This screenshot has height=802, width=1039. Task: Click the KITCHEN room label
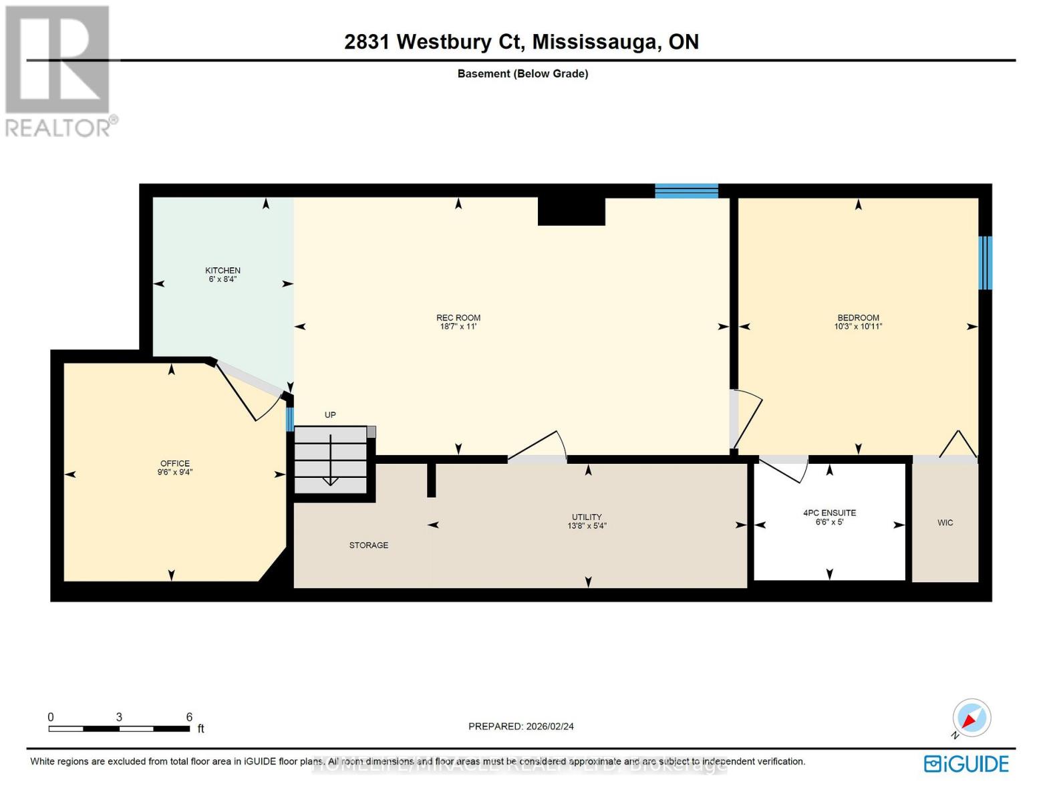coord(222,271)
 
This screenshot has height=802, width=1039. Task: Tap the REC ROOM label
coord(458,318)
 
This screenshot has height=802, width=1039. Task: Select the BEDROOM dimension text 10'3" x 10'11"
coord(858,327)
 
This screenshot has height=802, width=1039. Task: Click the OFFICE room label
coord(175,463)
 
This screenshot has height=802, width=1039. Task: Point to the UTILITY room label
coord(587,517)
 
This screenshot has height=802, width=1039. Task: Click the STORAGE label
coord(368,545)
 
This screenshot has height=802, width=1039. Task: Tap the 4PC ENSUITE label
coord(829,513)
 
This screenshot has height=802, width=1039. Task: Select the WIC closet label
coord(945,523)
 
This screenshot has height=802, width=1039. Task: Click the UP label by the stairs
coord(330,415)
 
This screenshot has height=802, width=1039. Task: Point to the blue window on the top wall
coord(686,191)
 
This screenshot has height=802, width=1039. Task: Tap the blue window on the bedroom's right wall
coord(985,263)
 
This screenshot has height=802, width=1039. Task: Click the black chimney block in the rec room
coord(571,211)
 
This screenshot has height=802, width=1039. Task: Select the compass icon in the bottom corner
coord(972,718)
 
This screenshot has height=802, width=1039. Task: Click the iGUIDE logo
coord(966,763)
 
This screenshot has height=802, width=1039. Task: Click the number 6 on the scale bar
coord(189,716)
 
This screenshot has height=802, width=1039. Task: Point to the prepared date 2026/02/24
coord(549,726)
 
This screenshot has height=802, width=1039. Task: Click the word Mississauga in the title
coord(594,42)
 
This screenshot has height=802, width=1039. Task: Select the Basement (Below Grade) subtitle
coord(523,74)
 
